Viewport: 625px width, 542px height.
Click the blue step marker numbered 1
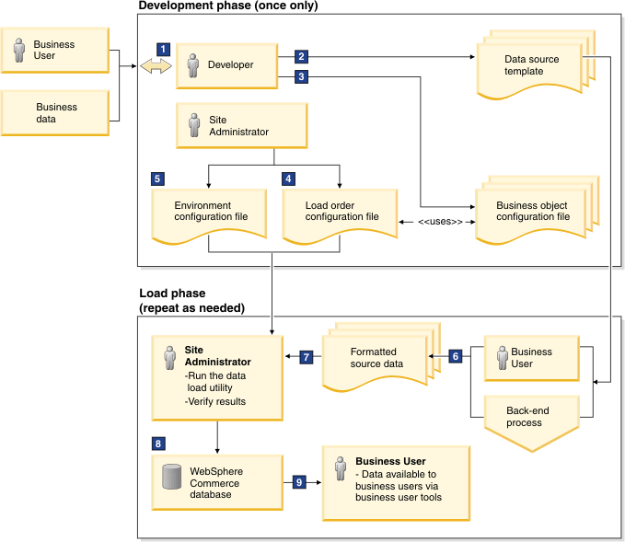[x=163, y=50]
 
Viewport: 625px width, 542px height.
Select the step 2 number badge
[x=301, y=56]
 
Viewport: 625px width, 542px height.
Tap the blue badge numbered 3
[x=301, y=76]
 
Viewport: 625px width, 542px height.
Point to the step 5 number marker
[x=157, y=179]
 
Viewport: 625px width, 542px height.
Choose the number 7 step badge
[x=307, y=357]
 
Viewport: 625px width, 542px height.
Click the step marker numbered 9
[x=299, y=482]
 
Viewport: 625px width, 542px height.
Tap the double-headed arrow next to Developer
[x=156, y=66]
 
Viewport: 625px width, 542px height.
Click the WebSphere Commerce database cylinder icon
[x=172, y=477]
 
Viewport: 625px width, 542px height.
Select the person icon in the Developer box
[x=193, y=65]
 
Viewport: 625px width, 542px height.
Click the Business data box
[x=55, y=113]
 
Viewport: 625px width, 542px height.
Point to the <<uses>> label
[x=440, y=222]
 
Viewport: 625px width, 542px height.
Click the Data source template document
[x=536, y=65]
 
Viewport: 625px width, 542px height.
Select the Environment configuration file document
[x=209, y=216]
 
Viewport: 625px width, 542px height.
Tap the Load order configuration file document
[x=340, y=216]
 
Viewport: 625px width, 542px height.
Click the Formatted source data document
[x=381, y=357]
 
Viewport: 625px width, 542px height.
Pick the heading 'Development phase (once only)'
[x=228, y=6]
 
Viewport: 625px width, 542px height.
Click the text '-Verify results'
[x=215, y=401]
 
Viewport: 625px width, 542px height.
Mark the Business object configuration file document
[x=538, y=211]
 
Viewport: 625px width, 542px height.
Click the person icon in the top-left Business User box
[x=18, y=51]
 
